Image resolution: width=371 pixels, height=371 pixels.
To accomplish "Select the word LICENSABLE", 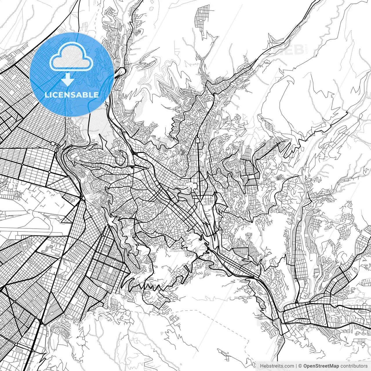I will (72, 95).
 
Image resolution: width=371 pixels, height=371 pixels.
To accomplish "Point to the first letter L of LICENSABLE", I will (46, 95).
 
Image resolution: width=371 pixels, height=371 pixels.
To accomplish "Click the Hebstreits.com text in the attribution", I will (277, 366).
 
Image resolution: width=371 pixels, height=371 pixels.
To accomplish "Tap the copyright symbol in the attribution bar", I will (300, 366).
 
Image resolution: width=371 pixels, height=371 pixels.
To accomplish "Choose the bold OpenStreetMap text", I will (321, 366).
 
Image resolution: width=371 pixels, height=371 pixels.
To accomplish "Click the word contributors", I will (354, 366).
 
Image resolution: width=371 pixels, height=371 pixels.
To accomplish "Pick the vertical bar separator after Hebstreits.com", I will (296, 366).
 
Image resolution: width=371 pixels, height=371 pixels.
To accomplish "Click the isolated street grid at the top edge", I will (202, 16).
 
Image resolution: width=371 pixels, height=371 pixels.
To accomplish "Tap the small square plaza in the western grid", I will (53, 143).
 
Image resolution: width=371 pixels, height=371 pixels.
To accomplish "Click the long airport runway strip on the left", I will (32, 230).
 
